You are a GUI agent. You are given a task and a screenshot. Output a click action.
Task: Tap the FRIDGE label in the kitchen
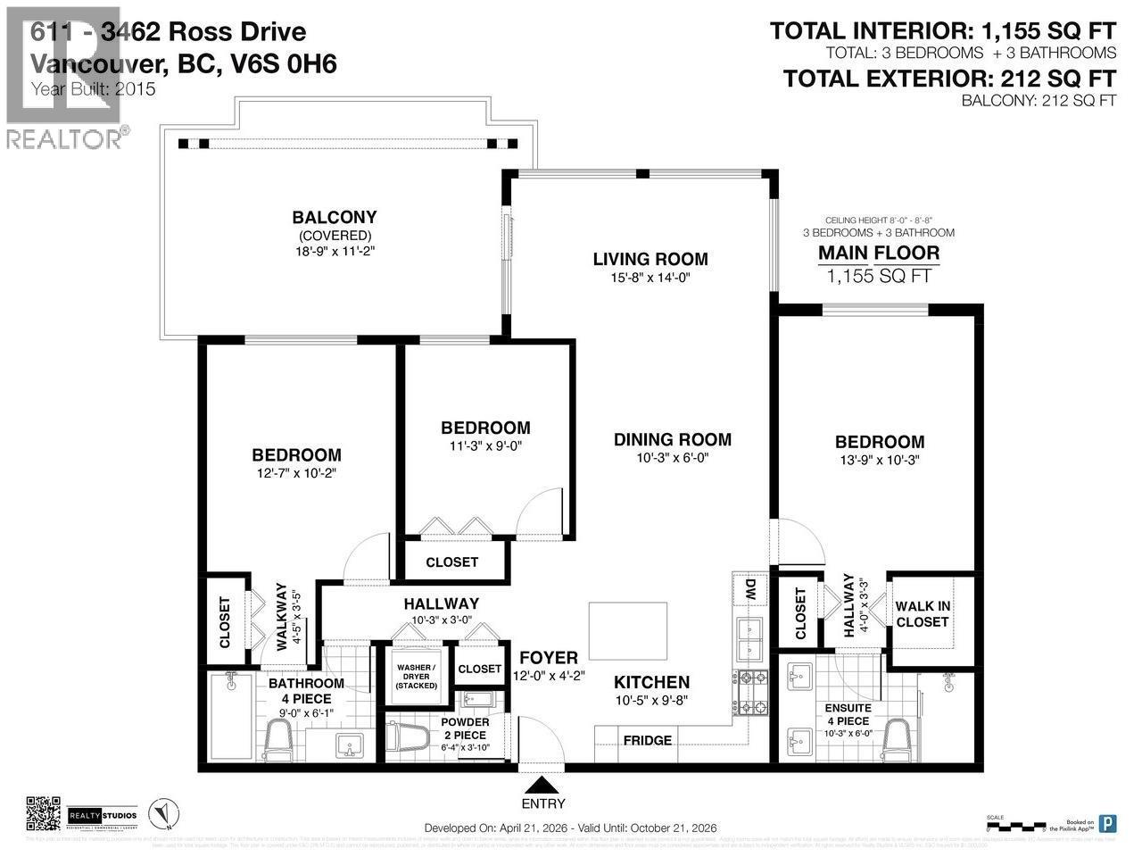647,740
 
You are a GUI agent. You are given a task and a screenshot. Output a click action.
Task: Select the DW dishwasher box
749,590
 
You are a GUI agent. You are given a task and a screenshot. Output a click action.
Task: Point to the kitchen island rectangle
628,630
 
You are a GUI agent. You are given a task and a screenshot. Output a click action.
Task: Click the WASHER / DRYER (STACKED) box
417,676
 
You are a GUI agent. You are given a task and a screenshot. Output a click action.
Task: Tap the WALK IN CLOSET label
923,614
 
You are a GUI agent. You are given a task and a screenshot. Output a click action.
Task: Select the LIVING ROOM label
650,260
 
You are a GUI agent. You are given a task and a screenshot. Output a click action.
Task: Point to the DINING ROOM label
672,439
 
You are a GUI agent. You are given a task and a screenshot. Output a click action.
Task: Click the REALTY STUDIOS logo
103,816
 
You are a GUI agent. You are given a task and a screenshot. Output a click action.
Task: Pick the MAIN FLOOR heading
879,254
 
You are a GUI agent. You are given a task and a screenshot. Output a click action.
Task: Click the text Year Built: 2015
94,89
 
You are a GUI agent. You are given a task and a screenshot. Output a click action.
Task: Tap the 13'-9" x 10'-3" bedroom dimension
879,460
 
